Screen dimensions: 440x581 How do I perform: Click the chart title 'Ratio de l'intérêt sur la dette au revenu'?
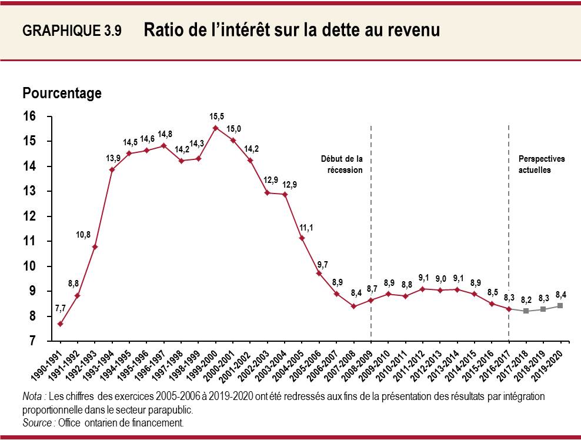tap(291, 31)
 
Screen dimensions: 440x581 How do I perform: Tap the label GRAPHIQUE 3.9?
tap(72, 32)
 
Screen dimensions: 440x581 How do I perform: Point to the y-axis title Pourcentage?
tap(62, 93)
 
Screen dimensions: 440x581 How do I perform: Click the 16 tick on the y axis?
tap(30, 116)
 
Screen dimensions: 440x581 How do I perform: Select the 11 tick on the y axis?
tap(30, 241)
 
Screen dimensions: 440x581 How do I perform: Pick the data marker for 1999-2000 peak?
tap(216, 128)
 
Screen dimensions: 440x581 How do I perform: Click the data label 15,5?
tap(216, 116)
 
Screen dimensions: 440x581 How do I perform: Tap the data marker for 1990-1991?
tap(61, 324)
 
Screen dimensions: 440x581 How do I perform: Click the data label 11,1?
tap(307, 226)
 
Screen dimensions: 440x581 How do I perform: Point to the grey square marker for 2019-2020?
tap(560, 306)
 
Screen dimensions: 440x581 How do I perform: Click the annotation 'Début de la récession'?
tap(342, 164)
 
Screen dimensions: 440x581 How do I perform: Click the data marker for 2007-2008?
tap(353, 306)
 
